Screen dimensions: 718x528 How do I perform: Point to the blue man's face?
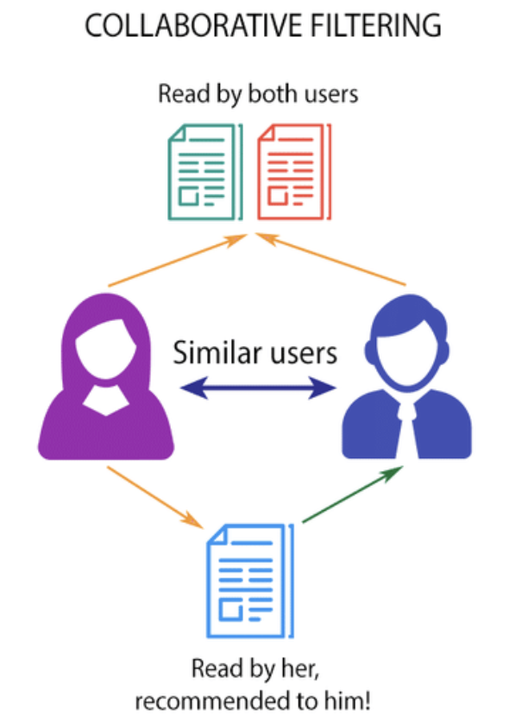(x=406, y=353)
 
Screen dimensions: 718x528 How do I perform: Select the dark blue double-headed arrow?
(x=258, y=390)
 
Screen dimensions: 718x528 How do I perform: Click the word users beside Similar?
(x=299, y=353)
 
